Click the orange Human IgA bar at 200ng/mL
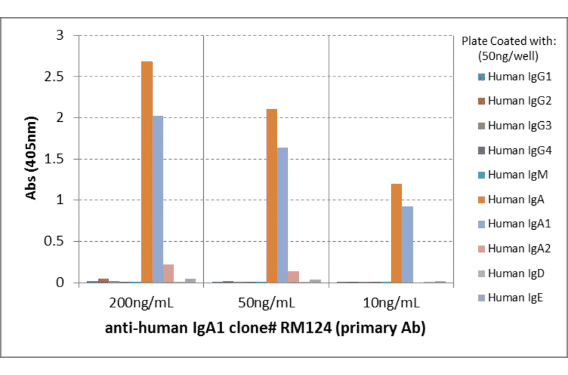pyautogui.click(x=146, y=172)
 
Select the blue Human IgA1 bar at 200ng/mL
pyautogui.click(x=158, y=199)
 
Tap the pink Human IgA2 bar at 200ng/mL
pyautogui.click(x=169, y=273)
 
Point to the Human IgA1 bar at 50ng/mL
pyautogui.click(x=283, y=215)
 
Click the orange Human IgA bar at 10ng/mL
pyautogui.click(x=396, y=233)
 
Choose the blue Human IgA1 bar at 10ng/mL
pyautogui.click(x=408, y=244)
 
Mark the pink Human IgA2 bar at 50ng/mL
pyautogui.click(x=293, y=277)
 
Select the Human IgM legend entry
pyautogui.click(x=511, y=175)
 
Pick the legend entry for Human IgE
pyautogui.click(x=510, y=297)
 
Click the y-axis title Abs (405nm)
pyautogui.click(x=30, y=158)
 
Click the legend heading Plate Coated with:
pyautogui.click(x=509, y=42)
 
